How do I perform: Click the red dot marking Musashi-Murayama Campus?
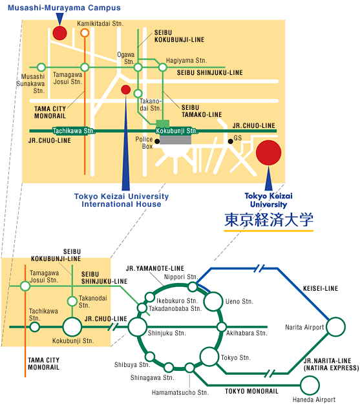pyautogui.click(x=59, y=33)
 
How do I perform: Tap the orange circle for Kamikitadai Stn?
pyautogui.click(x=85, y=33)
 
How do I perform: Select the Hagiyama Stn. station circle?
pyautogui.click(x=163, y=67)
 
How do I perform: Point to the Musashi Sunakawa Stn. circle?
pyautogui.click(x=41, y=67)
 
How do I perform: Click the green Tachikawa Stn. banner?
pyautogui.click(x=74, y=131)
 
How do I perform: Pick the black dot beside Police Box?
pyautogui.click(x=157, y=142)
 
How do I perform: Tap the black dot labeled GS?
pyautogui.click(x=230, y=141)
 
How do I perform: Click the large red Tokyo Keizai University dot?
pyautogui.click(x=268, y=152)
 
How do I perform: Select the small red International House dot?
pyautogui.click(x=125, y=90)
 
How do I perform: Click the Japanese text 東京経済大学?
pyautogui.click(x=269, y=220)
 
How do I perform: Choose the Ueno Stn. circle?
pyautogui.click(x=213, y=302)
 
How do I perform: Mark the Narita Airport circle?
pyautogui.click(x=336, y=327)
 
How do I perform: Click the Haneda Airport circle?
pyautogui.click(x=310, y=386)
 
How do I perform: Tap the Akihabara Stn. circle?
pyautogui.click(x=222, y=327)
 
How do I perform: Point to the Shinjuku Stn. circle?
pyautogui.click(x=138, y=327)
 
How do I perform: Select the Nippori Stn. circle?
pyautogui.click(x=193, y=287)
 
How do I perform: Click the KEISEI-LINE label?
pyautogui.click(x=321, y=288)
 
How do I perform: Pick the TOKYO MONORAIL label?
pyautogui.click(x=251, y=392)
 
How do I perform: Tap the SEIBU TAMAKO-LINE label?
pyautogui.click(x=202, y=111)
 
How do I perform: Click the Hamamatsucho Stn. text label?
pyautogui.click(x=180, y=392)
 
